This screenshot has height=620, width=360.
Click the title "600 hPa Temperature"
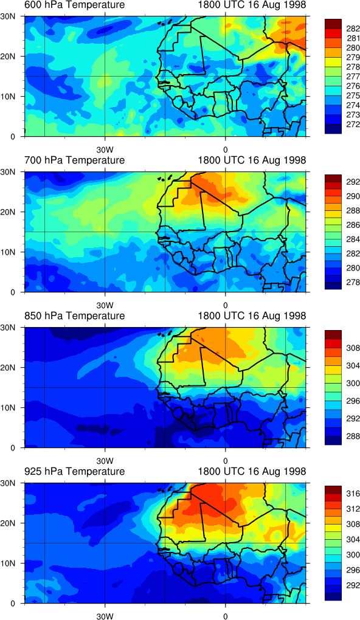pyautogui.click(x=74, y=5)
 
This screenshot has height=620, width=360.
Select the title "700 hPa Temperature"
pyautogui.click(x=74, y=160)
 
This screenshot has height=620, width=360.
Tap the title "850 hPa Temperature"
pyautogui.click(x=74, y=316)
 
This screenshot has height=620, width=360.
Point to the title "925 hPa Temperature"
pyautogui.click(x=74, y=471)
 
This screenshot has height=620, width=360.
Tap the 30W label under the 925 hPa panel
pyautogui.click(x=105, y=616)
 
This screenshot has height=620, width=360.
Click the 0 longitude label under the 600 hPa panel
pyautogui.click(x=225, y=150)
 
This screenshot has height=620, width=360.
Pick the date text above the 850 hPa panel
pyautogui.click(x=252, y=316)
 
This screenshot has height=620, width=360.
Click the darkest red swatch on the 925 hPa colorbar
pyautogui.click(x=332, y=487)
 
